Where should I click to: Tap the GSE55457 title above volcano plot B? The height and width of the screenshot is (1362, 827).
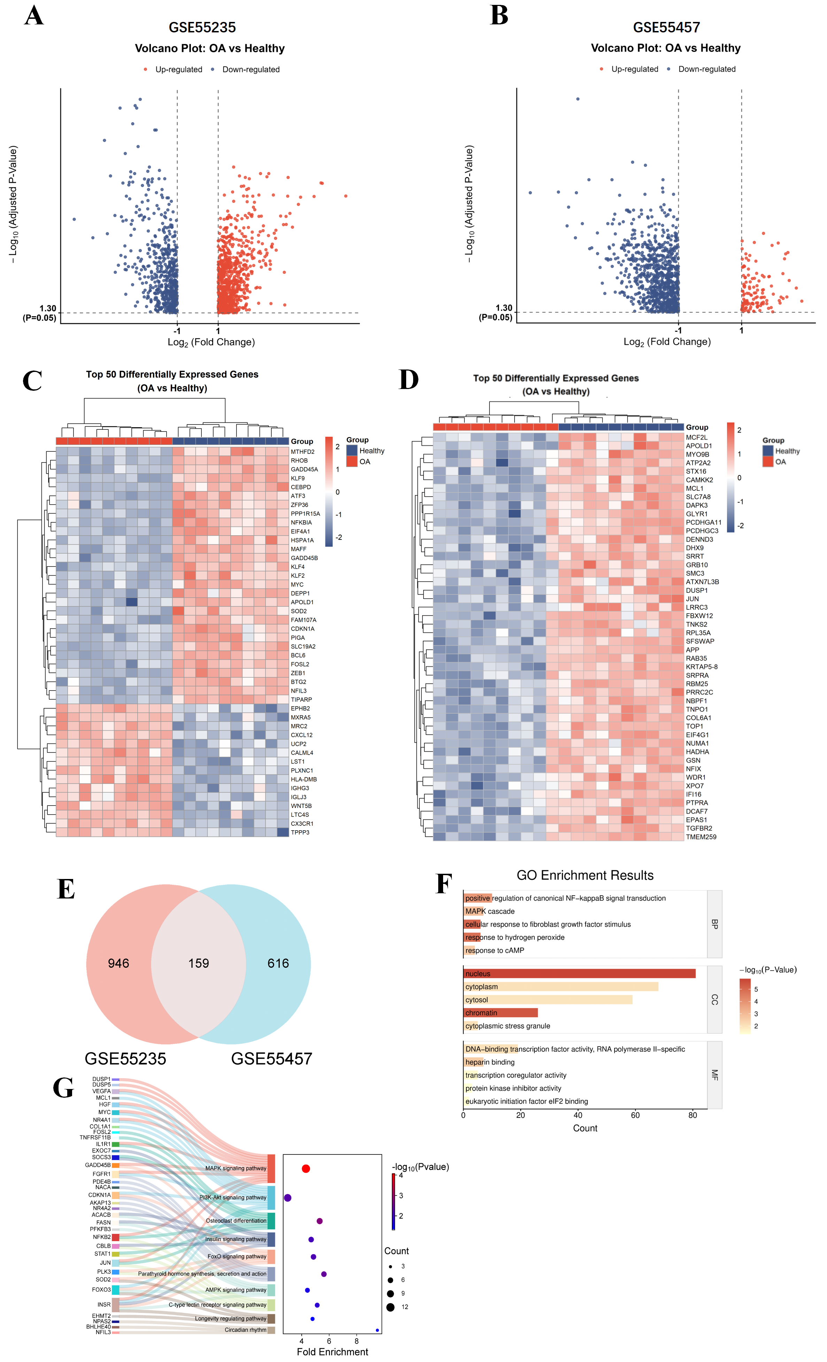click(666, 27)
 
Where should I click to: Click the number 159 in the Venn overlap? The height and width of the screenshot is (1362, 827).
click(199, 964)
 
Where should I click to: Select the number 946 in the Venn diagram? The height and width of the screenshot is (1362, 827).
click(118, 964)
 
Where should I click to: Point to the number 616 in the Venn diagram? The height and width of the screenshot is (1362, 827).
click(278, 964)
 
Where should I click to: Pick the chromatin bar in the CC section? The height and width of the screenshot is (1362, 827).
click(500, 1013)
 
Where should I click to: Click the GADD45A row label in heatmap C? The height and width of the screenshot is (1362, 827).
click(304, 469)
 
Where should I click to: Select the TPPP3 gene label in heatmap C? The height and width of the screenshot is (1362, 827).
click(300, 832)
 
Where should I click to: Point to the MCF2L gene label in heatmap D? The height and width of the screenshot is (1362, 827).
click(696, 437)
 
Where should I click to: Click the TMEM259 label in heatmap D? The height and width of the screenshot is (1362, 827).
click(701, 837)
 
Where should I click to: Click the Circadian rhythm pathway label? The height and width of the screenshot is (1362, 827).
click(246, 1330)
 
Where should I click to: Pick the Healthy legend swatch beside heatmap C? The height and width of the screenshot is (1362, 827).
click(351, 451)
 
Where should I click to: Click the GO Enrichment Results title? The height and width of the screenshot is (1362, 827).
click(585, 875)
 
